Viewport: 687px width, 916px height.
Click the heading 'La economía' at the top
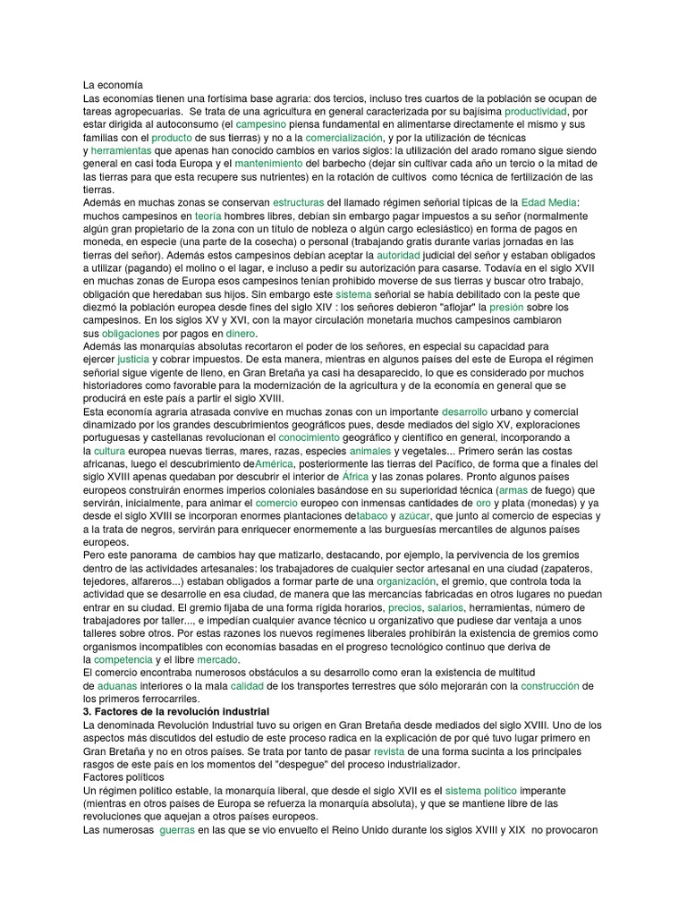[x=113, y=84]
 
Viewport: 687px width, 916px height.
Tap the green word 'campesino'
[x=260, y=124]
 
